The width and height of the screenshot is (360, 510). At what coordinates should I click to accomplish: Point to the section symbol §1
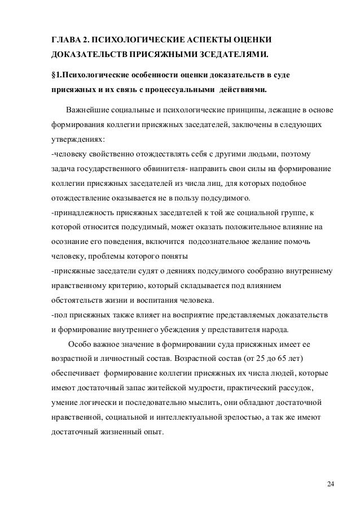[56, 75]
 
